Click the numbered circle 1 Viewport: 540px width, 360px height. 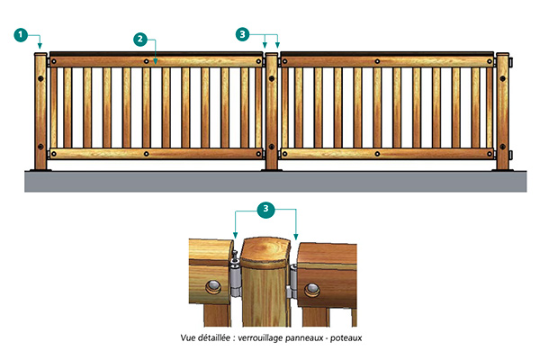click(21, 35)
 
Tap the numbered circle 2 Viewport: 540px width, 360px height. click(140, 40)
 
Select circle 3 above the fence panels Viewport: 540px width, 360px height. click(242, 34)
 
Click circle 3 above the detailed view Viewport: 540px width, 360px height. click(265, 209)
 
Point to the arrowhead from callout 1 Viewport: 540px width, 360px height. click(40, 46)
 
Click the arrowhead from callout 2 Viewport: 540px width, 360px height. click(156, 62)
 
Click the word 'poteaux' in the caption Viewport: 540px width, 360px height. click(346, 338)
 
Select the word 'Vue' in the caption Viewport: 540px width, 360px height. click(188, 337)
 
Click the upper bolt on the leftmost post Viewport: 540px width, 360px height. click(40, 78)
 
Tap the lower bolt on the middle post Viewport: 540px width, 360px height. click(272, 147)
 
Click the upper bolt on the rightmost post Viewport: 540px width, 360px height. click(502, 78)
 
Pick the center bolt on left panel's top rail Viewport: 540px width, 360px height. click(147, 62)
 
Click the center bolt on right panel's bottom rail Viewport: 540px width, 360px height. click(377, 154)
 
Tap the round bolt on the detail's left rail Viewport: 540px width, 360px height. click(213, 286)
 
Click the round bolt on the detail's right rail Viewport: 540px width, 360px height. click(311, 291)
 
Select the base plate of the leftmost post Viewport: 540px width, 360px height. click(40, 170)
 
